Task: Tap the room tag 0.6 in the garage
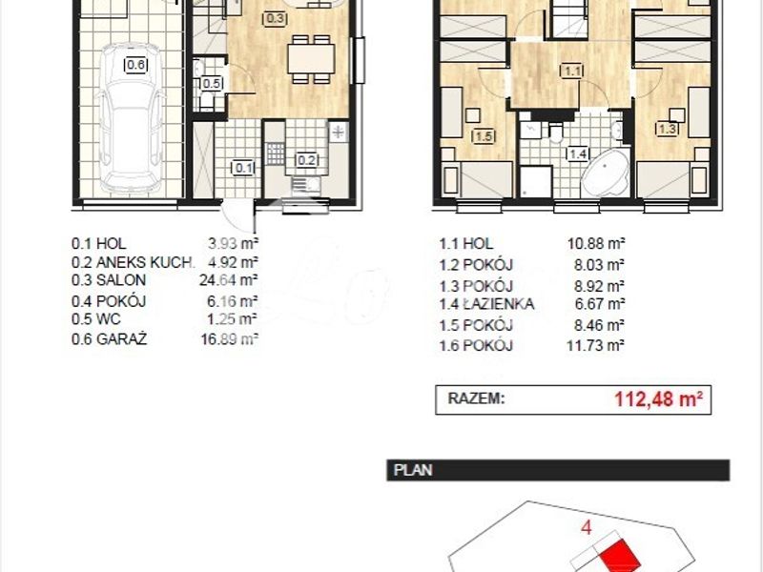point(135,65)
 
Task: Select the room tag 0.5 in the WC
point(212,83)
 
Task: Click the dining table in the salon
point(311,59)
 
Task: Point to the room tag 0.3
point(275,19)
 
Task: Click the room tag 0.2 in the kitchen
point(307,159)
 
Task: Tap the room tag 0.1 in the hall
point(243,169)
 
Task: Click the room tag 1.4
point(578,154)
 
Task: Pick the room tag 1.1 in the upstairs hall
point(571,71)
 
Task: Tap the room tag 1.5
point(485,136)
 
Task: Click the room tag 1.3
point(667,129)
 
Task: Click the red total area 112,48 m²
point(658,399)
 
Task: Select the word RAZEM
point(476,398)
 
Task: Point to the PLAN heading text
point(413,470)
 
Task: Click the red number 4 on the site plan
point(587,528)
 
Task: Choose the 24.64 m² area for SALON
point(228,280)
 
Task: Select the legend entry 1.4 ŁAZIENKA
point(486,304)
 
